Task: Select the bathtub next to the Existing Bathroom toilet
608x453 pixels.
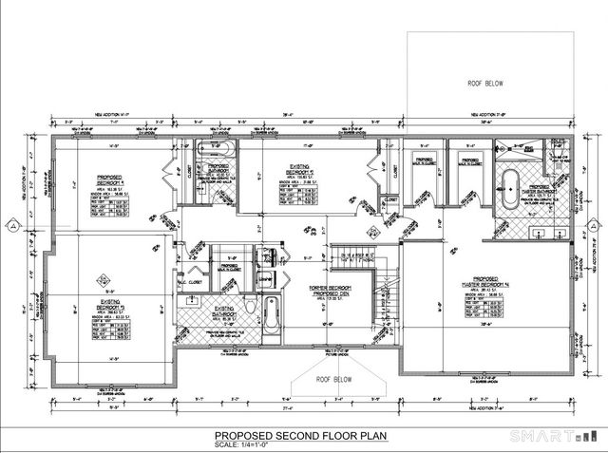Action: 271,312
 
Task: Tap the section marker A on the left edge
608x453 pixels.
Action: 9,225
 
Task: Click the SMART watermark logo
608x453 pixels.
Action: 557,436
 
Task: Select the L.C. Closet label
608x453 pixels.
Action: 194,281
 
